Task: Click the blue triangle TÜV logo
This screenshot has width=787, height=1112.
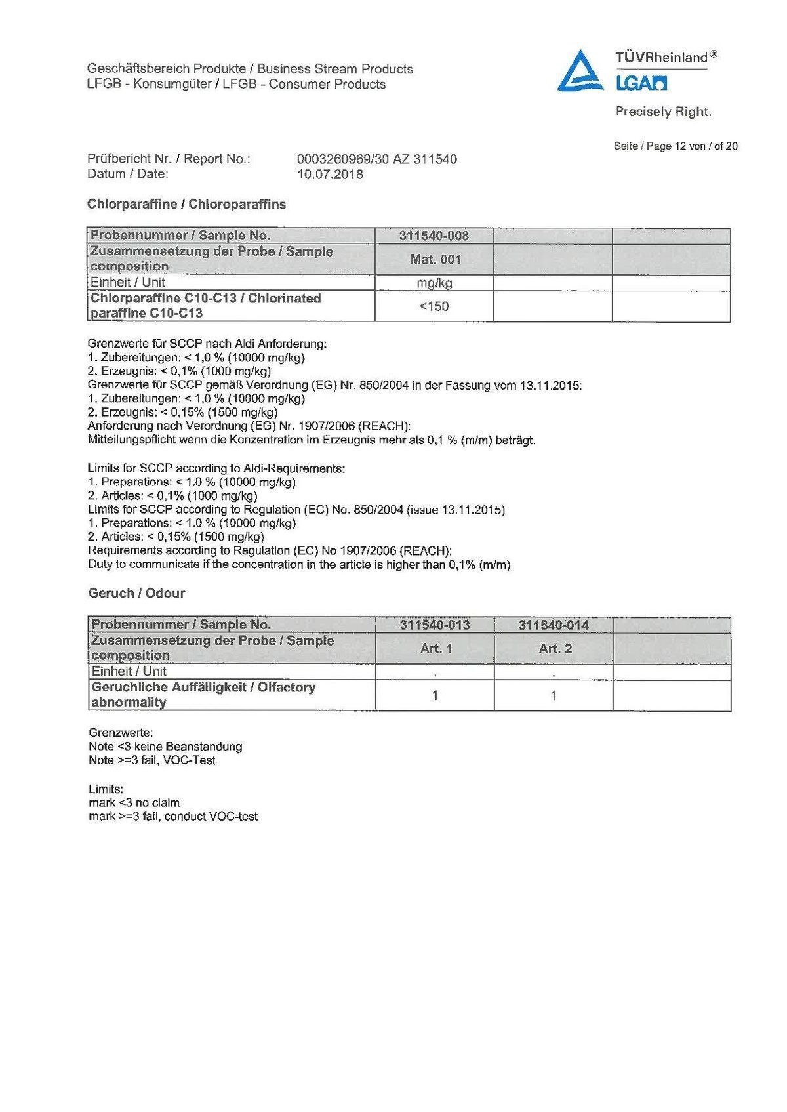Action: (x=582, y=71)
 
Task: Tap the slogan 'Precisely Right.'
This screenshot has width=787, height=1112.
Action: (x=663, y=112)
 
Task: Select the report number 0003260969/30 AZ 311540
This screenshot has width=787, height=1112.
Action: (x=377, y=159)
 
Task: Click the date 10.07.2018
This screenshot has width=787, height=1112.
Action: (x=330, y=175)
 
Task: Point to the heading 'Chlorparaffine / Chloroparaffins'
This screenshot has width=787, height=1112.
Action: (x=187, y=204)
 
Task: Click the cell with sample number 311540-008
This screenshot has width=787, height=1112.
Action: (x=434, y=236)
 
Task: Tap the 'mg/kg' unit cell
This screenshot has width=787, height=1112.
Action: (x=434, y=283)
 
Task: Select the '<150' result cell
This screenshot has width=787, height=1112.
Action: (x=434, y=306)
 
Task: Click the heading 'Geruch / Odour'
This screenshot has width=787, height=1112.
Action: (x=136, y=593)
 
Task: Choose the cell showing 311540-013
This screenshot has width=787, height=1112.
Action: (x=435, y=625)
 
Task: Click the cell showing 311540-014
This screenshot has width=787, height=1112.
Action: (x=554, y=625)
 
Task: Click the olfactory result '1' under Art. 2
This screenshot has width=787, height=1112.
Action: (x=554, y=695)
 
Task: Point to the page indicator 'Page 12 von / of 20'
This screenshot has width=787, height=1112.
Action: (x=676, y=146)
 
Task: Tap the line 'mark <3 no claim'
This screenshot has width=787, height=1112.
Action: (x=134, y=802)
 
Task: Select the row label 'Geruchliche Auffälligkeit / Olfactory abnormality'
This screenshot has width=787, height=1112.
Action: (x=203, y=695)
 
